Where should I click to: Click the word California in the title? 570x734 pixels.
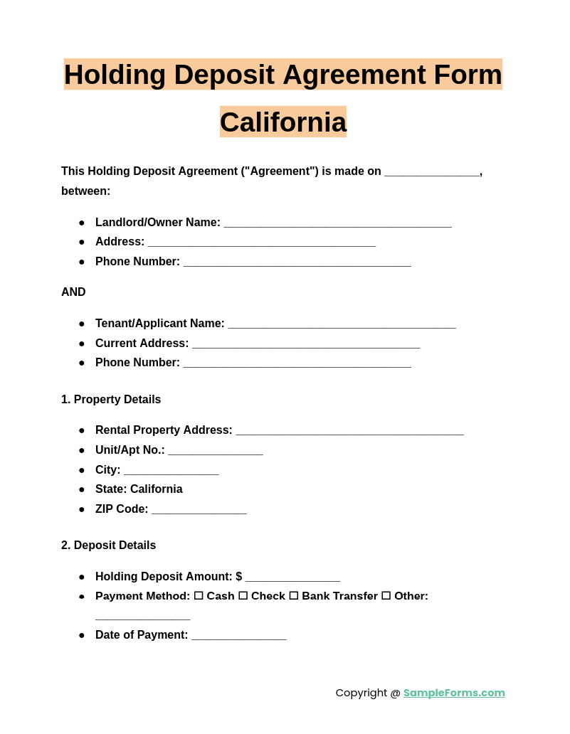coord(283,122)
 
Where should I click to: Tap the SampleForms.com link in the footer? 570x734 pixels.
coord(454,693)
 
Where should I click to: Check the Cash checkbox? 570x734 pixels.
coord(199,596)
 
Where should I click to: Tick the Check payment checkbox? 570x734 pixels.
coord(243,596)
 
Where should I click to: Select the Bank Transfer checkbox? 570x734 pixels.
coord(293,596)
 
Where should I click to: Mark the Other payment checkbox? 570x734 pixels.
coord(386,596)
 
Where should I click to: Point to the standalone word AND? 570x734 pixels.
coord(73,292)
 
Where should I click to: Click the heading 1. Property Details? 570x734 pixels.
coord(111,400)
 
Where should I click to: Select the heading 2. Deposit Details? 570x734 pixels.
coord(108,546)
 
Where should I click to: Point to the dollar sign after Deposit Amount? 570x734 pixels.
coord(239,577)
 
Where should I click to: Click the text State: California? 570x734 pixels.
coord(139,489)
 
